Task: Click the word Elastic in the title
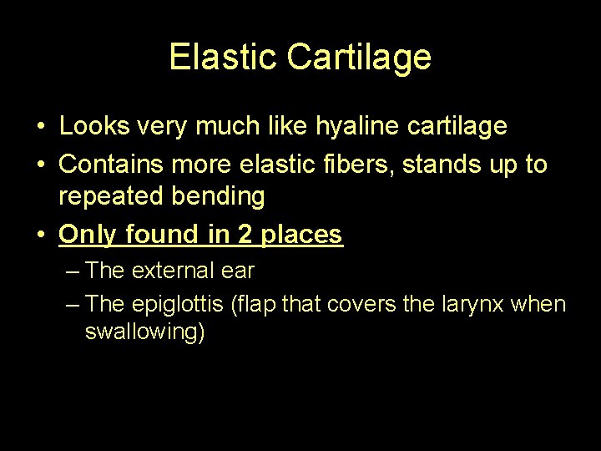(222, 57)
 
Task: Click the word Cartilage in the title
(359, 57)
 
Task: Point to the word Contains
(112, 164)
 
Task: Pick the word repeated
(113, 197)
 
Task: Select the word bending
(220, 197)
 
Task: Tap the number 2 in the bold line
(245, 235)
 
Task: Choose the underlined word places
(301, 235)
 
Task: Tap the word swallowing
(144, 332)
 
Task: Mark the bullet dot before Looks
(41, 127)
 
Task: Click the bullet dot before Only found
(41, 236)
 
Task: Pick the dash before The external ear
(72, 271)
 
